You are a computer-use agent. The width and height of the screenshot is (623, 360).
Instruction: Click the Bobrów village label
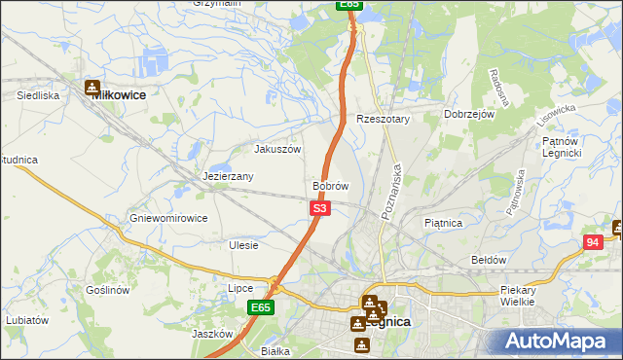pos(330,185)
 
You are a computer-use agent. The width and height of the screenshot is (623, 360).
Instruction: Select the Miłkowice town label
pos(118,95)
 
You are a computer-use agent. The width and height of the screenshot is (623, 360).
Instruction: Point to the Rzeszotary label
pos(384,119)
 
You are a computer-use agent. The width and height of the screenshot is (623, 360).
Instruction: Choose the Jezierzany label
pos(229,177)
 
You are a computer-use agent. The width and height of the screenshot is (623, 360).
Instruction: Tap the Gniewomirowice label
pos(168,218)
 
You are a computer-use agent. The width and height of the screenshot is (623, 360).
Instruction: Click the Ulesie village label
pos(243,245)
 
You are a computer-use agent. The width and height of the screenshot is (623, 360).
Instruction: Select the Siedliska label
pos(39,96)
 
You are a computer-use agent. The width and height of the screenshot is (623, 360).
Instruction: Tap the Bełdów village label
pos(489,260)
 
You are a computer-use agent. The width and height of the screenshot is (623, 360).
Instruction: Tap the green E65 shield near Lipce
pos(259,307)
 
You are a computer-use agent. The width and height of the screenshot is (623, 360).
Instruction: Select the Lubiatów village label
pos(26,319)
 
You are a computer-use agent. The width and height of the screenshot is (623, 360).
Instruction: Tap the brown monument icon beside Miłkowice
pos(92,88)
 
